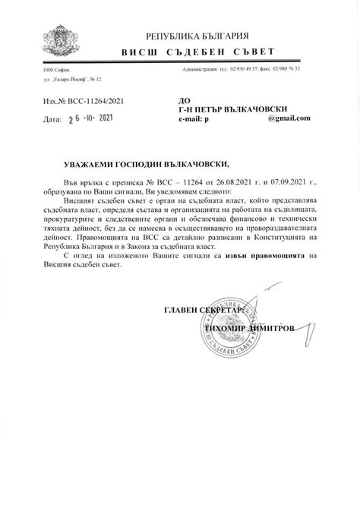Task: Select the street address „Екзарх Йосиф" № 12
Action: (72, 78)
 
